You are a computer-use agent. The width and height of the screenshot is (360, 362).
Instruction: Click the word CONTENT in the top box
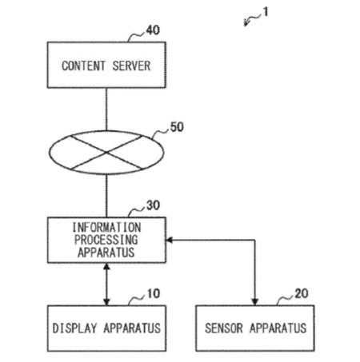(x=83, y=66)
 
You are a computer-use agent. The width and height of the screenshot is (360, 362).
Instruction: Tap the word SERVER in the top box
(x=131, y=66)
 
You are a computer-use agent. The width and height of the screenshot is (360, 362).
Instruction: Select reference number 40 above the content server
(x=153, y=30)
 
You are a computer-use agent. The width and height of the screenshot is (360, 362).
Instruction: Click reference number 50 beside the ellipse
(x=177, y=127)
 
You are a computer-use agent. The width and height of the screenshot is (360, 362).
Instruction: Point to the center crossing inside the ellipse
(x=106, y=153)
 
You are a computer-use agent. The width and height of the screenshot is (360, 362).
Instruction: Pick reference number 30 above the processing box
(x=153, y=205)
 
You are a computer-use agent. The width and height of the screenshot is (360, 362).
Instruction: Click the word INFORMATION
(x=106, y=228)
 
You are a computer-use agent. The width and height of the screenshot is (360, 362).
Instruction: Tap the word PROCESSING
(x=106, y=240)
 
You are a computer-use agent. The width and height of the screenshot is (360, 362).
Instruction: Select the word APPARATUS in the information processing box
(x=106, y=252)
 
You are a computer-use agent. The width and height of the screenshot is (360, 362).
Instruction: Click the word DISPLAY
(x=74, y=328)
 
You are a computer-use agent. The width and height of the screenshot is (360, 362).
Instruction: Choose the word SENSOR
(x=224, y=328)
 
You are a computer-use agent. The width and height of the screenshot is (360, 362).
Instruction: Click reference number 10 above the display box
(x=154, y=293)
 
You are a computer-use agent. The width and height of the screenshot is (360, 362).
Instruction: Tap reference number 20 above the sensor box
(x=302, y=293)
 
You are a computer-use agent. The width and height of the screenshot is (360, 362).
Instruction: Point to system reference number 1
(x=266, y=12)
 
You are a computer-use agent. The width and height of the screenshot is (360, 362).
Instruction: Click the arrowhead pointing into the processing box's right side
(x=169, y=240)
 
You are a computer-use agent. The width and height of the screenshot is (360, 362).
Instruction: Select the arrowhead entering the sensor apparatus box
(x=255, y=302)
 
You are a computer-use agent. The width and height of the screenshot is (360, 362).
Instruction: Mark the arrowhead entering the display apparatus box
(x=106, y=302)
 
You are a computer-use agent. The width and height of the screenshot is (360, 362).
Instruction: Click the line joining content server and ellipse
(x=106, y=109)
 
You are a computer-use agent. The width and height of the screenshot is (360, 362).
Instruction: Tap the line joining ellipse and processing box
(x=106, y=196)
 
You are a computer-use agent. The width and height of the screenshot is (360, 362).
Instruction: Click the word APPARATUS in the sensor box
(x=278, y=328)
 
